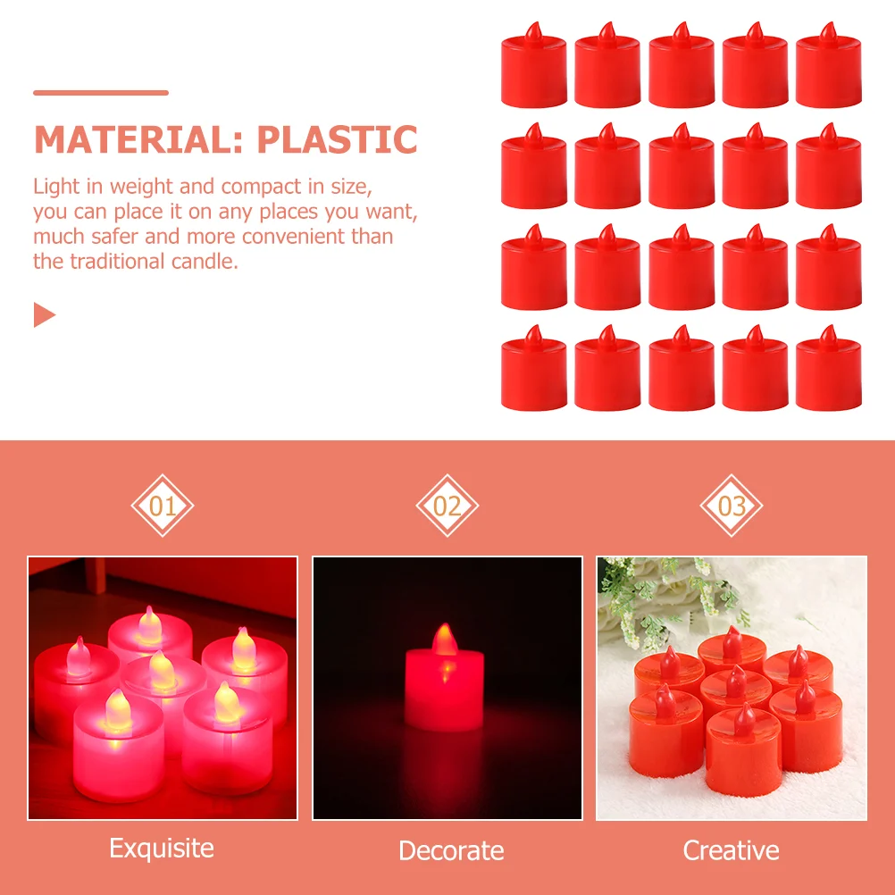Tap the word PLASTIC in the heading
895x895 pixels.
[x=337, y=139]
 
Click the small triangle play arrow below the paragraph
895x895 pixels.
[x=45, y=314]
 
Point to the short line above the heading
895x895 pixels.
[x=101, y=93]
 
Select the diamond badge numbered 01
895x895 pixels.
[x=163, y=506]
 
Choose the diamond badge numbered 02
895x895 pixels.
[x=447, y=506]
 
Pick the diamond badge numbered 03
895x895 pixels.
[x=732, y=506]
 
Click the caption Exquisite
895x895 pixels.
[x=162, y=849]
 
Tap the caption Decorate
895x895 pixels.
[x=451, y=850]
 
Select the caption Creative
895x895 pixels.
[x=732, y=850]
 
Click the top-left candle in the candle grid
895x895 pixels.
[x=533, y=64]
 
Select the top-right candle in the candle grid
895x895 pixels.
[x=828, y=64]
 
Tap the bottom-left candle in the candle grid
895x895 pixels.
[x=533, y=368]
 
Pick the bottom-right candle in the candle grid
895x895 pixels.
[x=828, y=368]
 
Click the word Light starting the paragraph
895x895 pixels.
[x=56, y=188]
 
